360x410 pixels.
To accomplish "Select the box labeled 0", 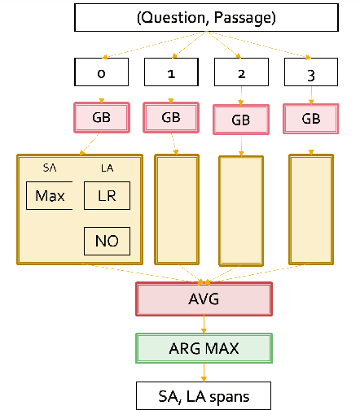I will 100,73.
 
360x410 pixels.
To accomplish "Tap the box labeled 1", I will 170,73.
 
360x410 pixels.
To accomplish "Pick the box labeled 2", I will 240,73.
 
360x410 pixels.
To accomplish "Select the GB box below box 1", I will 170,117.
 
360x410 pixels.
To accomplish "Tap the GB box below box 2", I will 240,120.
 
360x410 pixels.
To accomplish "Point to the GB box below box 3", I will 311,118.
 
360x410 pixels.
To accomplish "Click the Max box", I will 50,196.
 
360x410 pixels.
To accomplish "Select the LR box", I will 107,196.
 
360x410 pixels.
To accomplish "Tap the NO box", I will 107,242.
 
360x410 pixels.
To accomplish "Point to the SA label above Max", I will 50,168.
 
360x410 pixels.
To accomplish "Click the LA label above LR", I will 107,168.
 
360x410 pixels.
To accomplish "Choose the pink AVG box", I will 204,299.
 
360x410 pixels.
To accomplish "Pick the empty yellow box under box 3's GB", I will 311,209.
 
